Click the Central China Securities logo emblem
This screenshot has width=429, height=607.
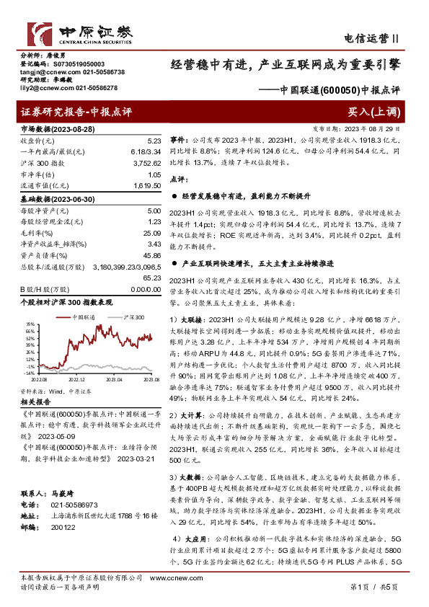tap(41, 34)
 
